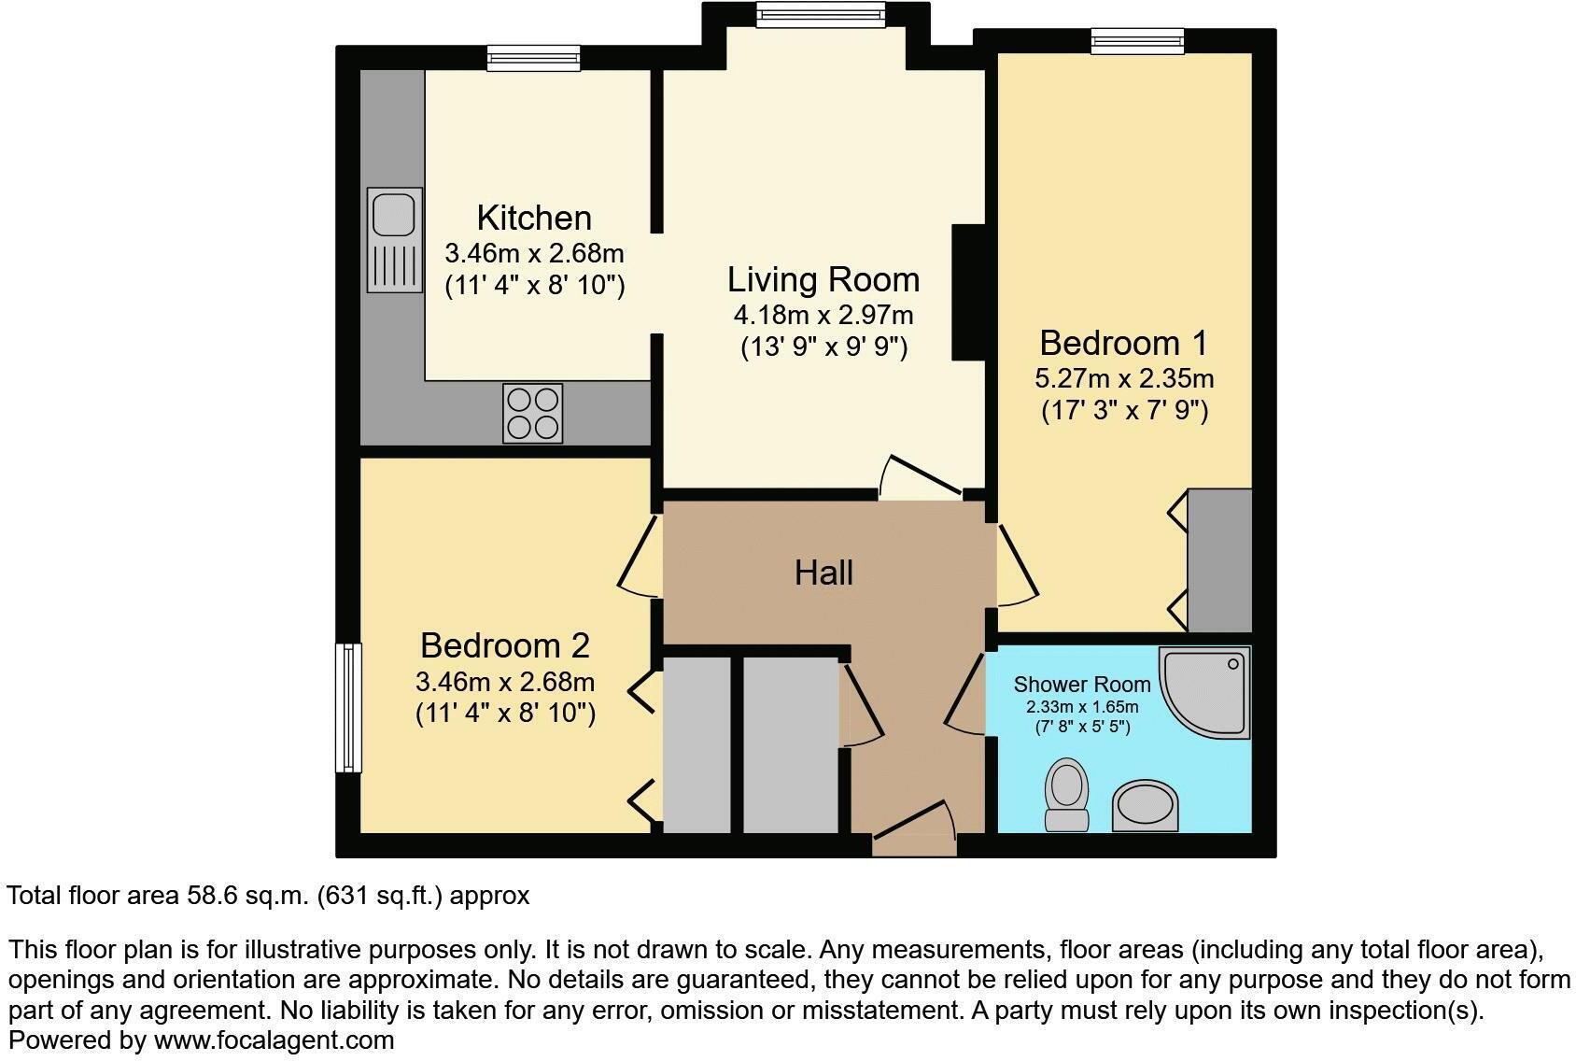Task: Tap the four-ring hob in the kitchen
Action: pyautogui.click(x=533, y=413)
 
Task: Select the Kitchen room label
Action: pyautogui.click(x=534, y=218)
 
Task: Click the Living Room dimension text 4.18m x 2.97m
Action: pyautogui.click(x=823, y=315)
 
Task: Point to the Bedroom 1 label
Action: pyautogui.click(x=1123, y=343)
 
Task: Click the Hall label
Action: pyautogui.click(x=823, y=573)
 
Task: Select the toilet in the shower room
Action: pyautogui.click(x=1065, y=794)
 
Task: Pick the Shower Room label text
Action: pyautogui.click(x=1081, y=685)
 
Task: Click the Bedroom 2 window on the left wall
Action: pyautogui.click(x=348, y=707)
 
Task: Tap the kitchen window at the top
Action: pyautogui.click(x=533, y=58)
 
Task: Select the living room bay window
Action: pyautogui.click(x=820, y=13)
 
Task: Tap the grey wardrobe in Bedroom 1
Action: pyautogui.click(x=1218, y=560)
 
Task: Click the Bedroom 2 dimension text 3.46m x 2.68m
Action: pyautogui.click(x=505, y=681)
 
